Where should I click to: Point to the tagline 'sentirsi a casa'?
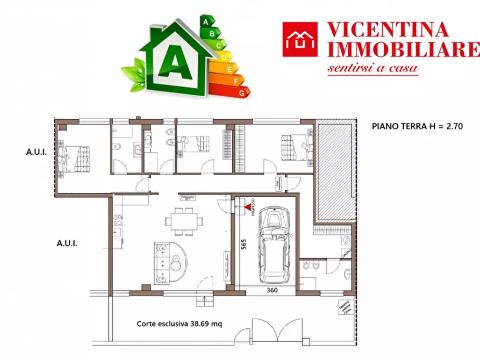point(373,69)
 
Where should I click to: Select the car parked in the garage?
point(274,247)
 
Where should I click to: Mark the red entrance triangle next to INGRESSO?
point(247,205)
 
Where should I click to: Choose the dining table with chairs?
point(184,221)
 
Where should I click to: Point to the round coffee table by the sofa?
point(178,262)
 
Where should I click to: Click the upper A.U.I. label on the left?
point(37,152)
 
